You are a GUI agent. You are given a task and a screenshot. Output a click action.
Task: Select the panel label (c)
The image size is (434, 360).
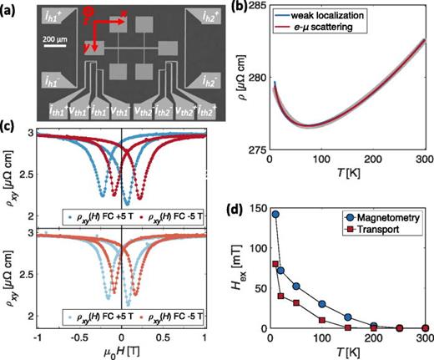9,127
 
